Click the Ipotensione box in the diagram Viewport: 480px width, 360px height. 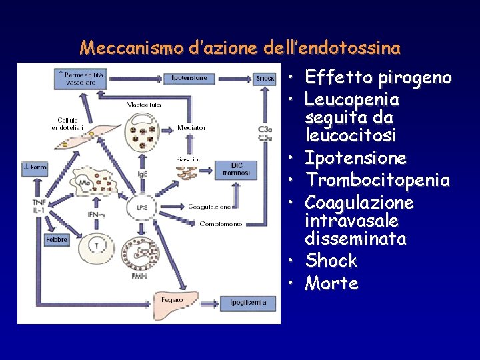click(x=189, y=78)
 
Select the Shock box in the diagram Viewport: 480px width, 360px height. click(x=265, y=78)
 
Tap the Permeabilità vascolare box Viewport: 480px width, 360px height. click(x=80, y=78)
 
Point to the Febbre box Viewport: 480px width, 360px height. click(x=57, y=239)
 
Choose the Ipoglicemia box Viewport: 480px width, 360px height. click(x=248, y=303)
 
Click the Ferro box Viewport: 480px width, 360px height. click(x=35, y=167)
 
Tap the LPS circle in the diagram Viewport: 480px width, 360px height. click(x=142, y=207)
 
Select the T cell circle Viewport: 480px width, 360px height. click(x=97, y=246)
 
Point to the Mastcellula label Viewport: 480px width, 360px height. click(x=143, y=105)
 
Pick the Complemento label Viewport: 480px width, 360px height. click(x=221, y=224)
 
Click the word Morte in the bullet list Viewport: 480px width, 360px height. click(x=331, y=283)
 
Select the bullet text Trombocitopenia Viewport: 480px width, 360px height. click(x=377, y=181)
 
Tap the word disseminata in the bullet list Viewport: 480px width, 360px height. click(x=355, y=238)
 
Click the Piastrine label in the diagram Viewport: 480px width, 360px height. click(x=189, y=159)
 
